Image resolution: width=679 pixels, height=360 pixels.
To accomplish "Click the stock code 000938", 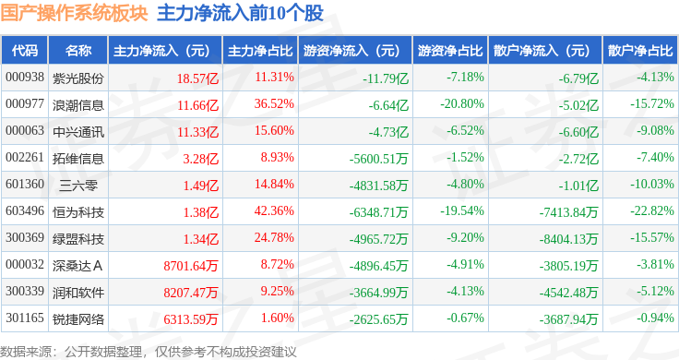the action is [25, 78].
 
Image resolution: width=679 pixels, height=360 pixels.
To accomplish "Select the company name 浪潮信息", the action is [77, 105].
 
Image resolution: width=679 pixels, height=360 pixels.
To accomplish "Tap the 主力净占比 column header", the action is [260, 51].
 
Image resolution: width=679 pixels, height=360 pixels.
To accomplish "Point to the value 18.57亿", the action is [197, 78].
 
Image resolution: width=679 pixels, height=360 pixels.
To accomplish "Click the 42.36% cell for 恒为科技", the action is [274, 211].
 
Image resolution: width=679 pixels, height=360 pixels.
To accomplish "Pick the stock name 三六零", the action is [77, 186].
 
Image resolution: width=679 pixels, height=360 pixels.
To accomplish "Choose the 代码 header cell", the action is [25, 51].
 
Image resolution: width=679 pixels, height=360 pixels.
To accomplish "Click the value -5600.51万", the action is [378, 159].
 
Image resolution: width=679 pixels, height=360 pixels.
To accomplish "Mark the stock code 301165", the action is [25, 318].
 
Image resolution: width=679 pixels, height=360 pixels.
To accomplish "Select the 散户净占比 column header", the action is [640, 51].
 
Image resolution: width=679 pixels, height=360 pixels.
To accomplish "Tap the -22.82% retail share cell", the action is [652, 211].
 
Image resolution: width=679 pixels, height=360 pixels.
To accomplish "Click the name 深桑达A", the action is [77, 266].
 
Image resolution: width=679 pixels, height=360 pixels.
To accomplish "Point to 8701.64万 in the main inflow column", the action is [191, 266].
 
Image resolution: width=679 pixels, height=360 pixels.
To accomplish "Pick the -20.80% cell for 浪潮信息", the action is [462, 104].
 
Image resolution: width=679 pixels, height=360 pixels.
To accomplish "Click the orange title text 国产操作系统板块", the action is [74, 14].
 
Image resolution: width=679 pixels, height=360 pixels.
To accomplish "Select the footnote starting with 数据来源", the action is [149, 352].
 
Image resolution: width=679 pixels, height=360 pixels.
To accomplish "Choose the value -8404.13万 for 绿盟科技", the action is [568, 239].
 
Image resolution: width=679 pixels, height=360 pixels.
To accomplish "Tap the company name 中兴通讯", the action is [77, 132].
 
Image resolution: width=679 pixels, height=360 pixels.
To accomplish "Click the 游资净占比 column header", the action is [450, 51].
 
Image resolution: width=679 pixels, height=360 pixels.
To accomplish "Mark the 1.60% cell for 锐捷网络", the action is [277, 318].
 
